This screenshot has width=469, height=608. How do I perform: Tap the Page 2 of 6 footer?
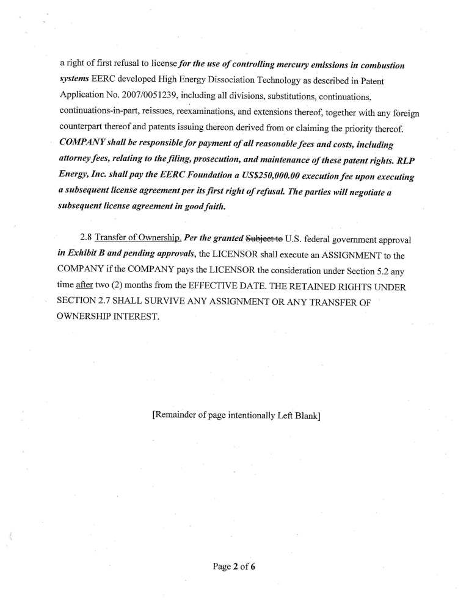coord(233,567)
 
